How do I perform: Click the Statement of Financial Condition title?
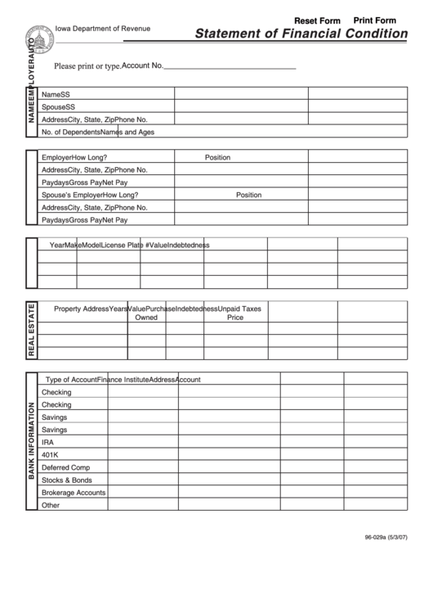tap(301, 34)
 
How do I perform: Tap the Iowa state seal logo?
tap(38, 37)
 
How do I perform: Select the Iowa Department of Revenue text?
tap(104, 29)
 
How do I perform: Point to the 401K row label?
tap(50, 455)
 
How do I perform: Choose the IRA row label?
tap(48, 442)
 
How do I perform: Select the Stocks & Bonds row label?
tap(67, 480)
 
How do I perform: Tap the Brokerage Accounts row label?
tap(74, 493)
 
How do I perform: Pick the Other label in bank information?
tap(51, 505)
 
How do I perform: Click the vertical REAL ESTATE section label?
tap(32, 331)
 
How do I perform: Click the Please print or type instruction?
tap(87, 66)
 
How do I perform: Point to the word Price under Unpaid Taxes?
tap(235, 317)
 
